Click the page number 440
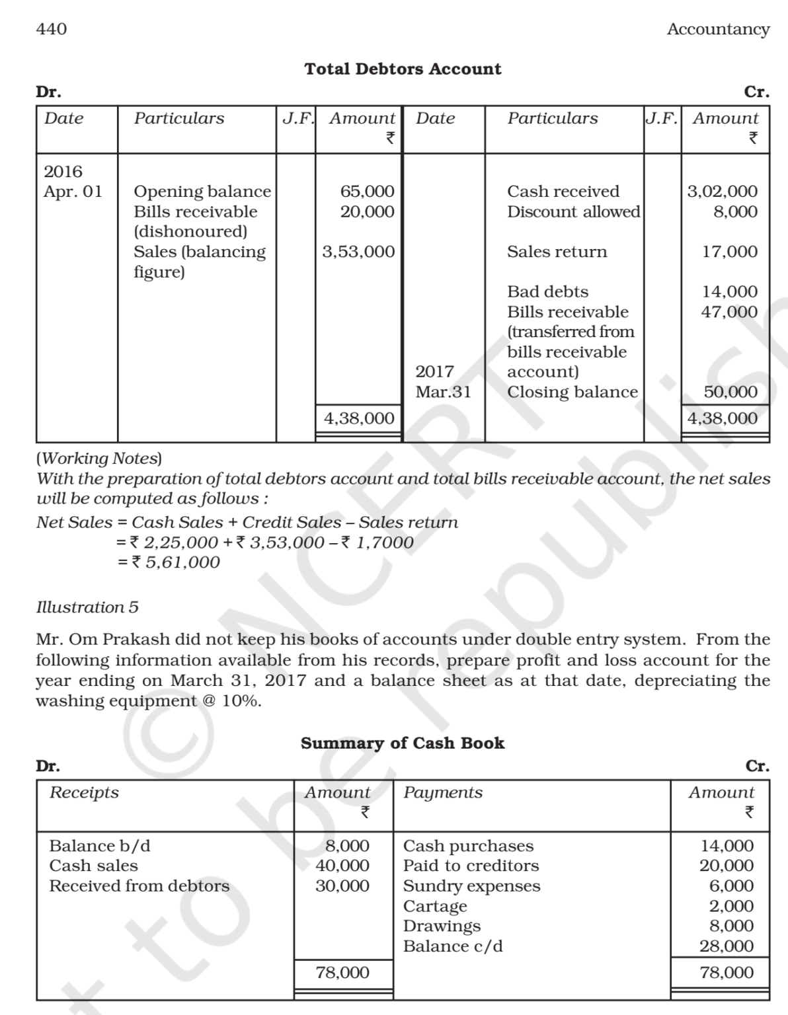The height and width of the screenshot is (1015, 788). click(51, 29)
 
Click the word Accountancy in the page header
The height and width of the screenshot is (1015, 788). click(718, 29)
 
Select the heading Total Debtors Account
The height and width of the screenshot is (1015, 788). click(403, 69)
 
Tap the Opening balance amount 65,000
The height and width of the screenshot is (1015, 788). click(367, 191)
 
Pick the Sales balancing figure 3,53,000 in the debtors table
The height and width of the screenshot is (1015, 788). click(358, 252)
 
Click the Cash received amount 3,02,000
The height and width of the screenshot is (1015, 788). click(722, 191)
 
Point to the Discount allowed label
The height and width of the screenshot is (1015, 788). click(573, 211)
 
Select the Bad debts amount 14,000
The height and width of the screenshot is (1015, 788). click(729, 291)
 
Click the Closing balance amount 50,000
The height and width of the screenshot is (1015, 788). click(730, 392)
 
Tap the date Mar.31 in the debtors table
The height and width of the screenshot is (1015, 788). click(443, 392)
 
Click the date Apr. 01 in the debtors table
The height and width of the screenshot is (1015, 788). click(73, 192)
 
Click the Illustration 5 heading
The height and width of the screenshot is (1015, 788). click(87, 607)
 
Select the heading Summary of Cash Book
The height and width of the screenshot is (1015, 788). click(402, 743)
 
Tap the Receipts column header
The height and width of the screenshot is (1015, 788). click(84, 792)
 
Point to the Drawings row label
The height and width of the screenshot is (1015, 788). click(442, 926)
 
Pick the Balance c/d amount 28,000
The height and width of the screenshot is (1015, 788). click(726, 946)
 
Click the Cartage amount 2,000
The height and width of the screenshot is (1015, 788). click(730, 906)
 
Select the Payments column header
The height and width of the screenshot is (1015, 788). click(443, 792)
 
